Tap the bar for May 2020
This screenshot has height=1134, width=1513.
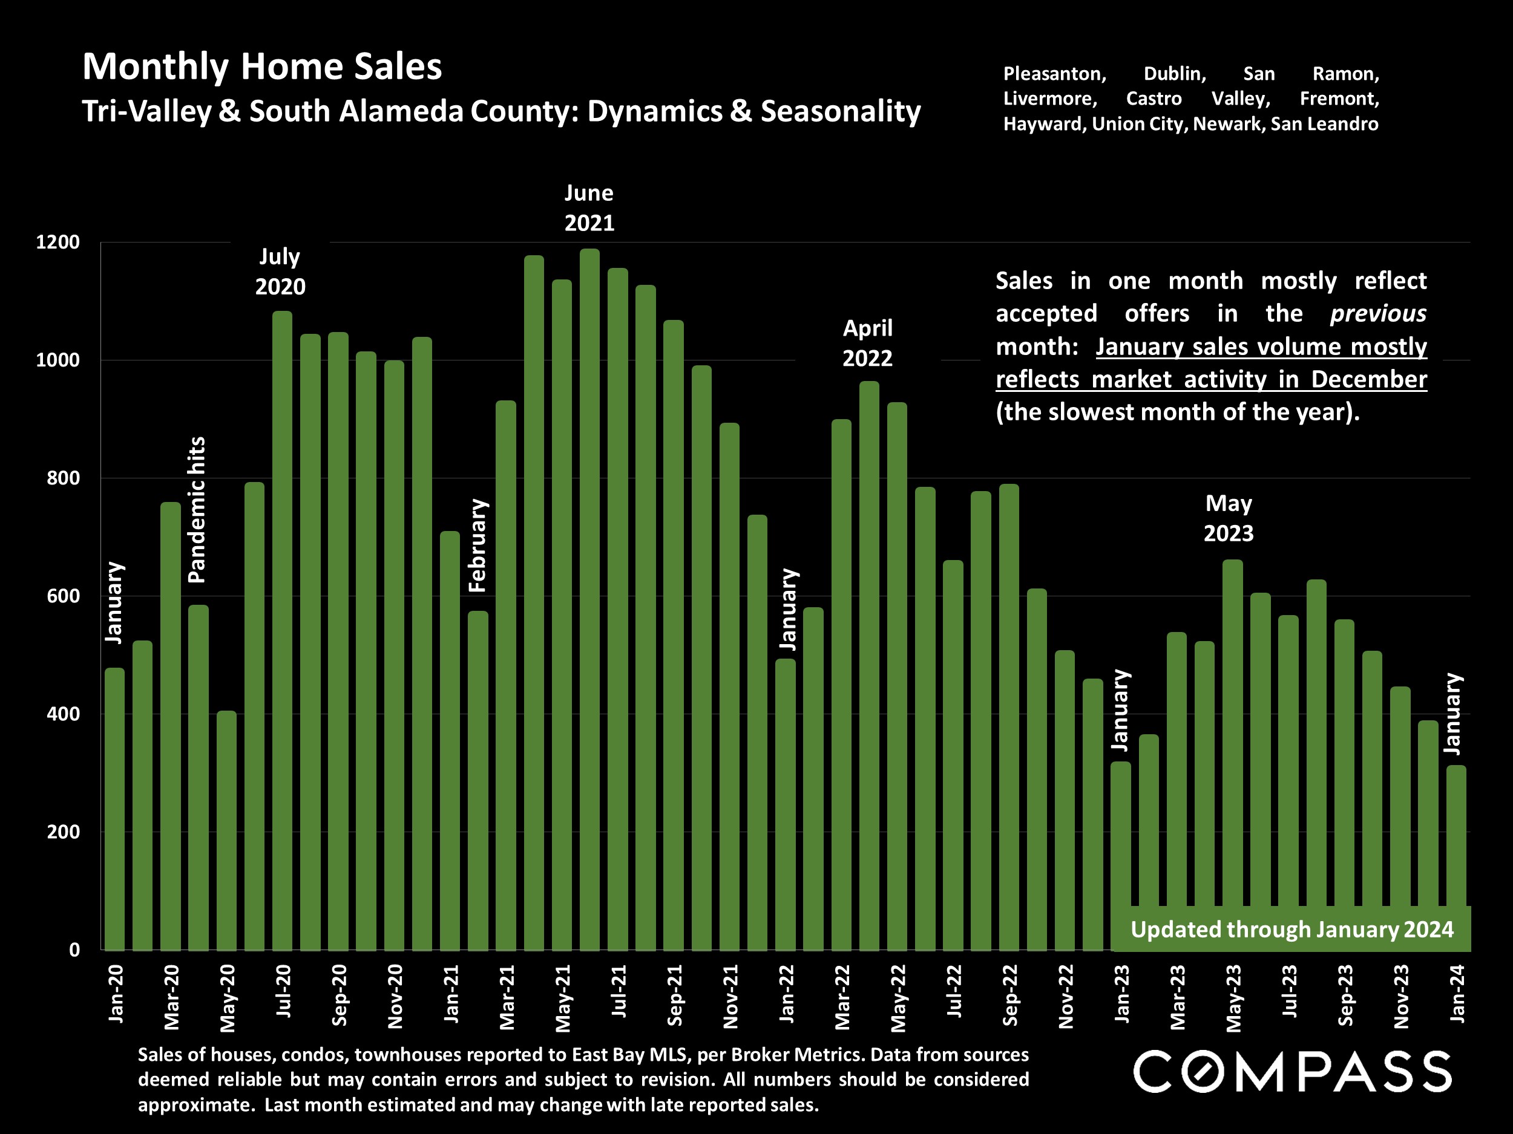[x=226, y=830]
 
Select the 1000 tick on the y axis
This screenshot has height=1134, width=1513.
[x=57, y=360]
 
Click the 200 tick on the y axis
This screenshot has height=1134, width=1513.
[x=63, y=832]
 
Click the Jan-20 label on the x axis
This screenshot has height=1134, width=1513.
[x=116, y=994]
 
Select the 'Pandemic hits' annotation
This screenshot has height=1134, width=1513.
[x=197, y=510]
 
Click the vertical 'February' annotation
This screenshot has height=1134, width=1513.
[x=478, y=546]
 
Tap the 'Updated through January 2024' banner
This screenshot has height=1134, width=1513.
[x=1291, y=930]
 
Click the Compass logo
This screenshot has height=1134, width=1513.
[x=1292, y=1072]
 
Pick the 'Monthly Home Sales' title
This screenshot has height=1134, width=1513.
[x=262, y=67]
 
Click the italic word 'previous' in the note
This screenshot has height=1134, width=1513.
[x=1377, y=314]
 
